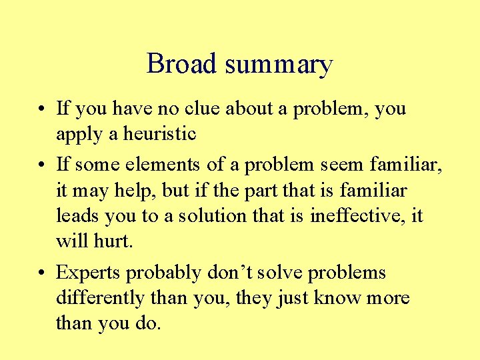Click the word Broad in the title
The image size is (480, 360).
[181, 64]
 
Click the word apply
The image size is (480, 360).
[75, 135]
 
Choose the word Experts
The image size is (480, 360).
[90, 273]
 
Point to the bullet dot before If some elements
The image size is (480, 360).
[42, 163]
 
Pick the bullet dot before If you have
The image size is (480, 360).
[42, 109]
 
